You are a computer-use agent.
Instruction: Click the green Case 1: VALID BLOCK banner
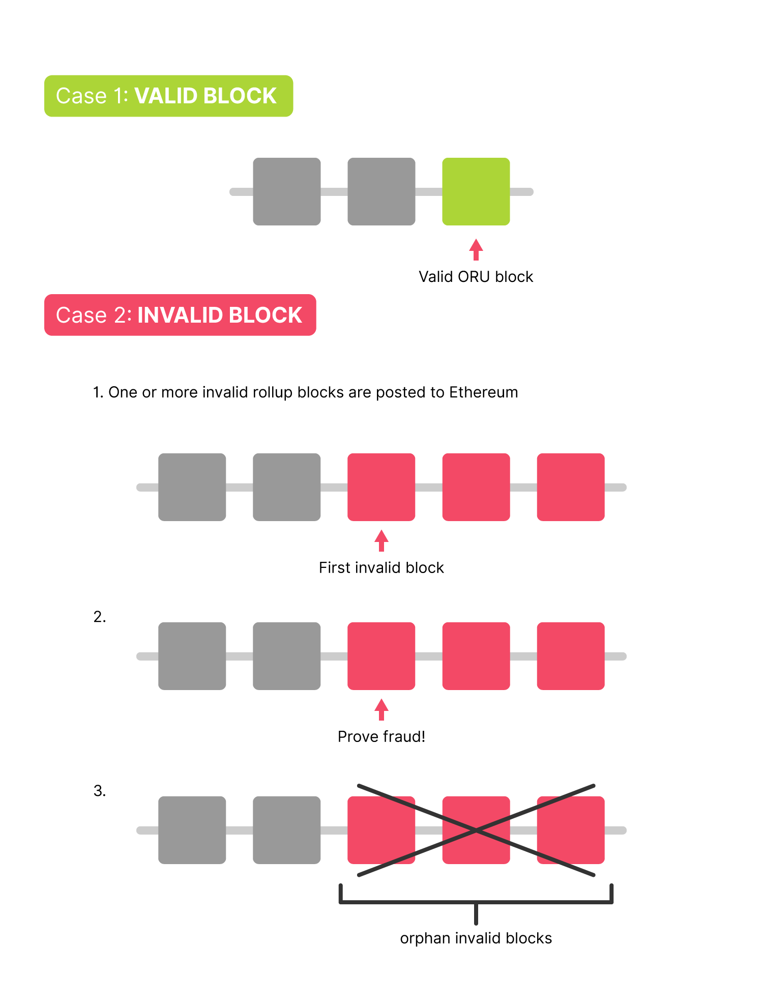(x=168, y=96)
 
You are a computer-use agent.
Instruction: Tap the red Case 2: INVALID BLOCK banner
(x=180, y=314)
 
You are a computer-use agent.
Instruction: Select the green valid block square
(x=476, y=191)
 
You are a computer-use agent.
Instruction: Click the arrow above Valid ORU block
(x=476, y=249)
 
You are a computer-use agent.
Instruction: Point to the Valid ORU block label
(x=476, y=277)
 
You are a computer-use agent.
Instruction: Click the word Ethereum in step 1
(x=484, y=392)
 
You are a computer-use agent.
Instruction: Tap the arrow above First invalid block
(x=382, y=540)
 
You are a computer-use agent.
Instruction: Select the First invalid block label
(x=382, y=567)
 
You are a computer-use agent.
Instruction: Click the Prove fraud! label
(x=382, y=736)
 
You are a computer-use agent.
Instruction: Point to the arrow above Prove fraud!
(x=382, y=709)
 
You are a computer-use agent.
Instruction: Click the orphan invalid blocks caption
(x=476, y=938)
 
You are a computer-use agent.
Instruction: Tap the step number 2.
(x=100, y=617)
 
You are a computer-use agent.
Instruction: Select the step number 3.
(x=100, y=791)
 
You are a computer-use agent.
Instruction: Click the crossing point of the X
(x=476, y=831)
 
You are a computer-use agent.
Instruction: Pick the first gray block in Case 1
(x=287, y=191)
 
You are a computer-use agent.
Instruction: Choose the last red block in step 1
(x=571, y=487)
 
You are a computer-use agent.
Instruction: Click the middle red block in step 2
(x=476, y=656)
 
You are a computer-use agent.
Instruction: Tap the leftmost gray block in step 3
(x=192, y=830)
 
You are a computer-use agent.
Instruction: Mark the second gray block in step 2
(x=287, y=656)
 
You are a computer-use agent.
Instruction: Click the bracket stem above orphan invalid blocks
(x=476, y=914)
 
